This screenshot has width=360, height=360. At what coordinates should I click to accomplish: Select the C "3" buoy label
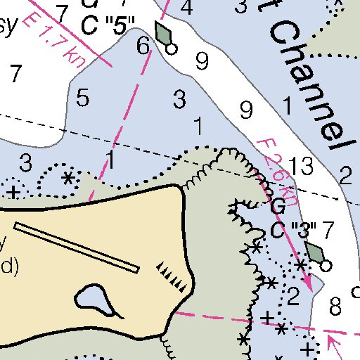[294, 230]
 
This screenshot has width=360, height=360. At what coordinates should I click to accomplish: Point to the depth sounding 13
[301, 167]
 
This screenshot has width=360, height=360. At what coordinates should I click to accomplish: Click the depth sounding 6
[143, 46]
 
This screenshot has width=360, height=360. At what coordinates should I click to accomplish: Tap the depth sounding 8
[335, 305]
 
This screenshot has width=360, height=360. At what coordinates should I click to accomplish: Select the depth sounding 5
[83, 98]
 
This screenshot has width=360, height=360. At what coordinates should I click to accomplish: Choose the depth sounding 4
[186, 8]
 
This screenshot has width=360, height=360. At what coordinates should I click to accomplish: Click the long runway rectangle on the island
[77, 247]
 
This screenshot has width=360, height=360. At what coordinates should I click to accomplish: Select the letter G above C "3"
[278, 207]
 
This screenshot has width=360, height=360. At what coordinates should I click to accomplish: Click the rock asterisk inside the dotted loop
[68, 177]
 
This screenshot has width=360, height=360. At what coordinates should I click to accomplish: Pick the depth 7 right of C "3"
[327, 229]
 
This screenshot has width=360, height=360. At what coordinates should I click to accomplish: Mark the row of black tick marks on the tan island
[172, 275]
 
